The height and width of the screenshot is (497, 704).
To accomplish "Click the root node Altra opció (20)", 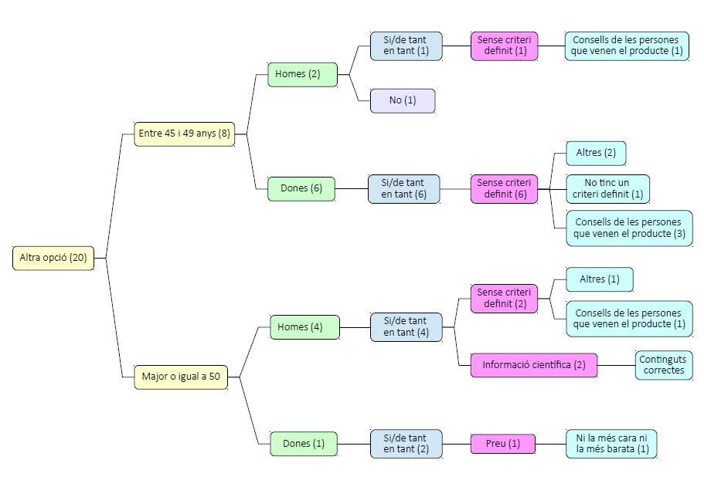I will point(53,258).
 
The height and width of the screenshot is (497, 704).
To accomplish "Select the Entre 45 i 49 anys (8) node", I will point(185,134).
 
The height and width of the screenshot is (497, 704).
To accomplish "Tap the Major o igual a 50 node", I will point(181,377).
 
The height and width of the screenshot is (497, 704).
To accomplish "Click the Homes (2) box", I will point(303,75).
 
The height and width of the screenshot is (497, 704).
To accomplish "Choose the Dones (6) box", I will point(301,188).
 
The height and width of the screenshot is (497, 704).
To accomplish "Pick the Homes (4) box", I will point(304,327).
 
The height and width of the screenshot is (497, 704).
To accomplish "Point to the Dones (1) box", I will point(304,444).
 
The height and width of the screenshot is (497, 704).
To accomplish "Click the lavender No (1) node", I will point(402,100).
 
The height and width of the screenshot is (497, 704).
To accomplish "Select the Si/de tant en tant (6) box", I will point(404,188).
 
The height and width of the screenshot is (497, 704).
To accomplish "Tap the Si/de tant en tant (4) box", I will point(406,327).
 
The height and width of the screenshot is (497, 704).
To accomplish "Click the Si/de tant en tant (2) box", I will point(406,444).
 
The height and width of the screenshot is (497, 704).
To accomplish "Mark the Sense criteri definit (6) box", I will point(505,188).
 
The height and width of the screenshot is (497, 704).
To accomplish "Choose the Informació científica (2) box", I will point(534,365).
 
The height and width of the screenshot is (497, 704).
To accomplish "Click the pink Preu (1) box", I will point(503,444).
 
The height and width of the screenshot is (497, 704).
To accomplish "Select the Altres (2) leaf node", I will point(596,153).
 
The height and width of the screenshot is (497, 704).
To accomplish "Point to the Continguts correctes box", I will point(664,365).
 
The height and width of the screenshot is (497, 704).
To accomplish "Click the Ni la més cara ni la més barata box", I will point(611,444).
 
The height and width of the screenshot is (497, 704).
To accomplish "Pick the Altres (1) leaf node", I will point(599,279).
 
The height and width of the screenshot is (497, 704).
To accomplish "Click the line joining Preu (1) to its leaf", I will point(550,444).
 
